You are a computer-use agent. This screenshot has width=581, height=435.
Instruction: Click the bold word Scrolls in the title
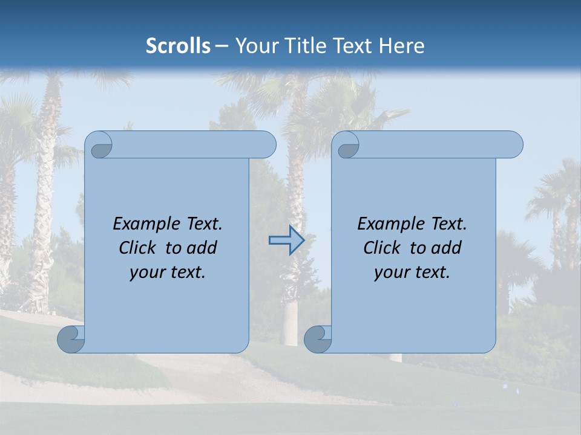(178, 46)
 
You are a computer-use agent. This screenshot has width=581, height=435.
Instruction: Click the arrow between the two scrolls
(286, 240)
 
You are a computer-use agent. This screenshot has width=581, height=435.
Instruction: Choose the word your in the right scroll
(390, 273)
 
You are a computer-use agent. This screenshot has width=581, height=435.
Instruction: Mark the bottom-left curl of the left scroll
(71, 339)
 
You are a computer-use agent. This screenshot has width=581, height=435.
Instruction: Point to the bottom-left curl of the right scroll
(317, 339)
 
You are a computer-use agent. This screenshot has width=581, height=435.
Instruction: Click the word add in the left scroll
(202, 248)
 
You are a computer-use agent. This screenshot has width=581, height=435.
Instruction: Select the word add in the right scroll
(447, 248)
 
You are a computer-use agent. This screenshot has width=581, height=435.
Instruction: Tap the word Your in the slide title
(253, 46)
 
